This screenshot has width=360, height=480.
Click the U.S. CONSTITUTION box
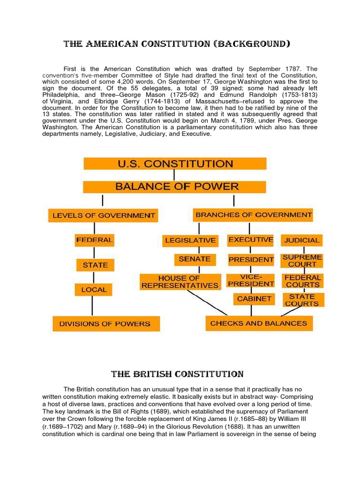pyautogui.click(x=175, y=164)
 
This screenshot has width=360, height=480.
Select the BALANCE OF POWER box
pyautogui.click(x=175, y=187)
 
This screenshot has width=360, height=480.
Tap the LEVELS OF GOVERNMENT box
pyautogui.click(x=103, y=216)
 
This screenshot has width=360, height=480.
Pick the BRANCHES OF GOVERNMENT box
pyautogui.click(x=254, y=215)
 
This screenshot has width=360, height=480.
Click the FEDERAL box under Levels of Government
pyautogui.click(x=94, y=240)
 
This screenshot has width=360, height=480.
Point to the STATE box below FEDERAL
pyautogui.click(x=95, y=265)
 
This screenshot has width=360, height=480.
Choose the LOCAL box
pyautogui.click(x=94, y=290)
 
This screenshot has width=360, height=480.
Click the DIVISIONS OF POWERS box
pyautogui.click(x=106, y=323)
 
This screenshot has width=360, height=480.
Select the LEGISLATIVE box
pyautogui.click(x=190, y=240)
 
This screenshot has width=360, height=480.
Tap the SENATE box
pyautogui.click(x=195, y=259)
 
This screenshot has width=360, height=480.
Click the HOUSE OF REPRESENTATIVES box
pyautogui.click(x=181, y=282)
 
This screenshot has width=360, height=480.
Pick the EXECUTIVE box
pyautogui.click(x=251, y=240)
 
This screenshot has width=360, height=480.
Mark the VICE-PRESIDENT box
pyautogui.click(x=250, y=280)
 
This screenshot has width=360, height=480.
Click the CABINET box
pyautogui.click(x=254, y=299)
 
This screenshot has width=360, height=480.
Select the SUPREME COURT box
pyautogui.click(x=302, y=261)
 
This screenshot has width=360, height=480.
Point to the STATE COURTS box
pyautogui.click(x=302, y=300)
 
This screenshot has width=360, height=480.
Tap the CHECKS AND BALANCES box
pyautogui.click(x=259, y=323)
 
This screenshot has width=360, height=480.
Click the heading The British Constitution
pyautogui.click(x=177, y=374)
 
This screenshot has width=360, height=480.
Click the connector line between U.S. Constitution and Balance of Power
pyautogui.click(x=174, y=175)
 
